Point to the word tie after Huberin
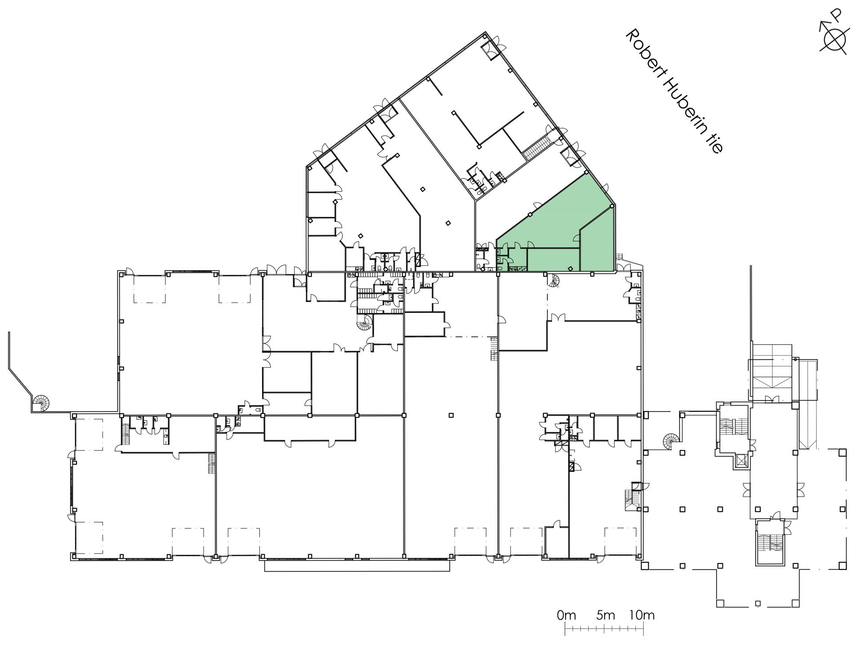pos(712,140)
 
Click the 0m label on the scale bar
pos(566,615)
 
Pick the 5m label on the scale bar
pos(606,615)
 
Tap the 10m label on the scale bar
pos(642,615)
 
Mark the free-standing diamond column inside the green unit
pos(570,268)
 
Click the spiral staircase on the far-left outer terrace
pos(42,403)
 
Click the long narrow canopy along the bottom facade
pos(357,565)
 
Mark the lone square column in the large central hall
pos(451,415)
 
